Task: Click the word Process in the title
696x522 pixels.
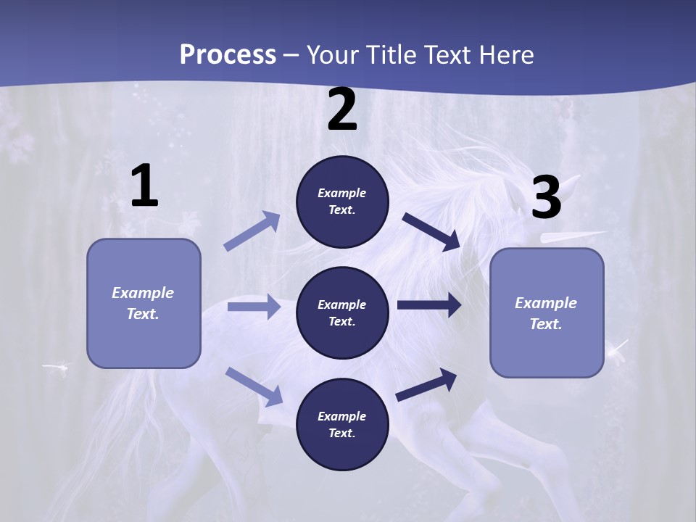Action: (228, 55)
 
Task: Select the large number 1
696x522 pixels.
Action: (144, 186)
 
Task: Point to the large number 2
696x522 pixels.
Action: (342, 110)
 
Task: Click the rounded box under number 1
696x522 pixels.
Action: (144, 303)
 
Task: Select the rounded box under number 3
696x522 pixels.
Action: (547, 313)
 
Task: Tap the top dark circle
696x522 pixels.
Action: (342, 202)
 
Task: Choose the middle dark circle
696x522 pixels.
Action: (342, 312)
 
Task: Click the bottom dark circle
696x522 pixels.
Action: (342, 424)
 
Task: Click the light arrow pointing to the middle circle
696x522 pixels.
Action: (254, 307)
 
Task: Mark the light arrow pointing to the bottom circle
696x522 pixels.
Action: (254, 386)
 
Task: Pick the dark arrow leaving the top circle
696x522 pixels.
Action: (431, 231)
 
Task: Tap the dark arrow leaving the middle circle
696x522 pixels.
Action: (429, 305)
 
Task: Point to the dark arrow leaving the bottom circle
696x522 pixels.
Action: (426, 384)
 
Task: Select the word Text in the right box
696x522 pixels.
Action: (546, 324)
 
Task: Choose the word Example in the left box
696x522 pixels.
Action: (143, 293)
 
